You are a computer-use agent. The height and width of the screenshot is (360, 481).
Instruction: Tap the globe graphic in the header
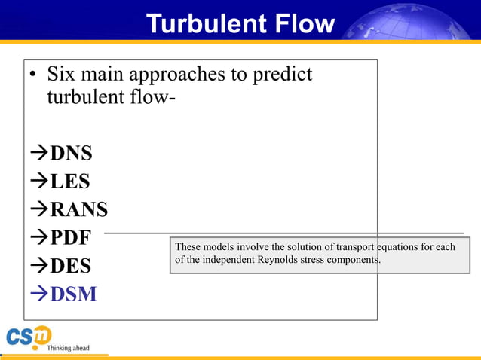411,23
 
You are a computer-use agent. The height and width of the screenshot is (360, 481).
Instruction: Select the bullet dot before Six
33,76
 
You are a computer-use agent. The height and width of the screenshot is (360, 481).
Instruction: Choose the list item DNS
71,154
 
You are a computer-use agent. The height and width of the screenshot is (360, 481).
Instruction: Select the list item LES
69,182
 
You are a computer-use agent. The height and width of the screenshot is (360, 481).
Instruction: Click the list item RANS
78,209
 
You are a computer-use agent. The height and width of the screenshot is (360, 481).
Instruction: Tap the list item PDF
69,238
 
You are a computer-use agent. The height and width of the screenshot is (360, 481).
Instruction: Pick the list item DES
70,266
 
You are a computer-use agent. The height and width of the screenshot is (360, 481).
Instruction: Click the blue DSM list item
73,294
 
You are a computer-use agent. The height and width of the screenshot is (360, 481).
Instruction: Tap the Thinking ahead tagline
68,348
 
